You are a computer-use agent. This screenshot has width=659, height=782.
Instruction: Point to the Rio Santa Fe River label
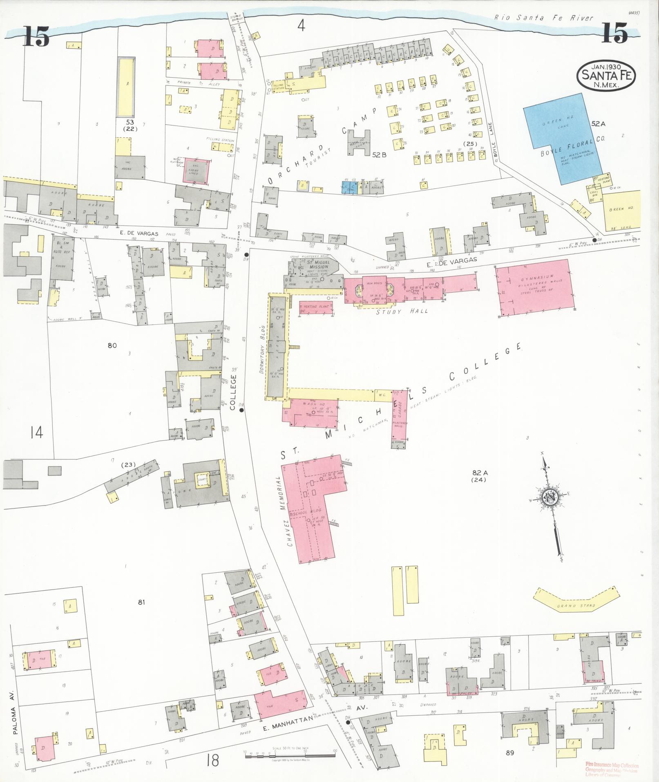[543, 18]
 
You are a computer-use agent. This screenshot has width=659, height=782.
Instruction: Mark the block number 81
[141, 602]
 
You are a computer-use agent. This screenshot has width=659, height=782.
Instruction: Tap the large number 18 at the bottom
[212, 760]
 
